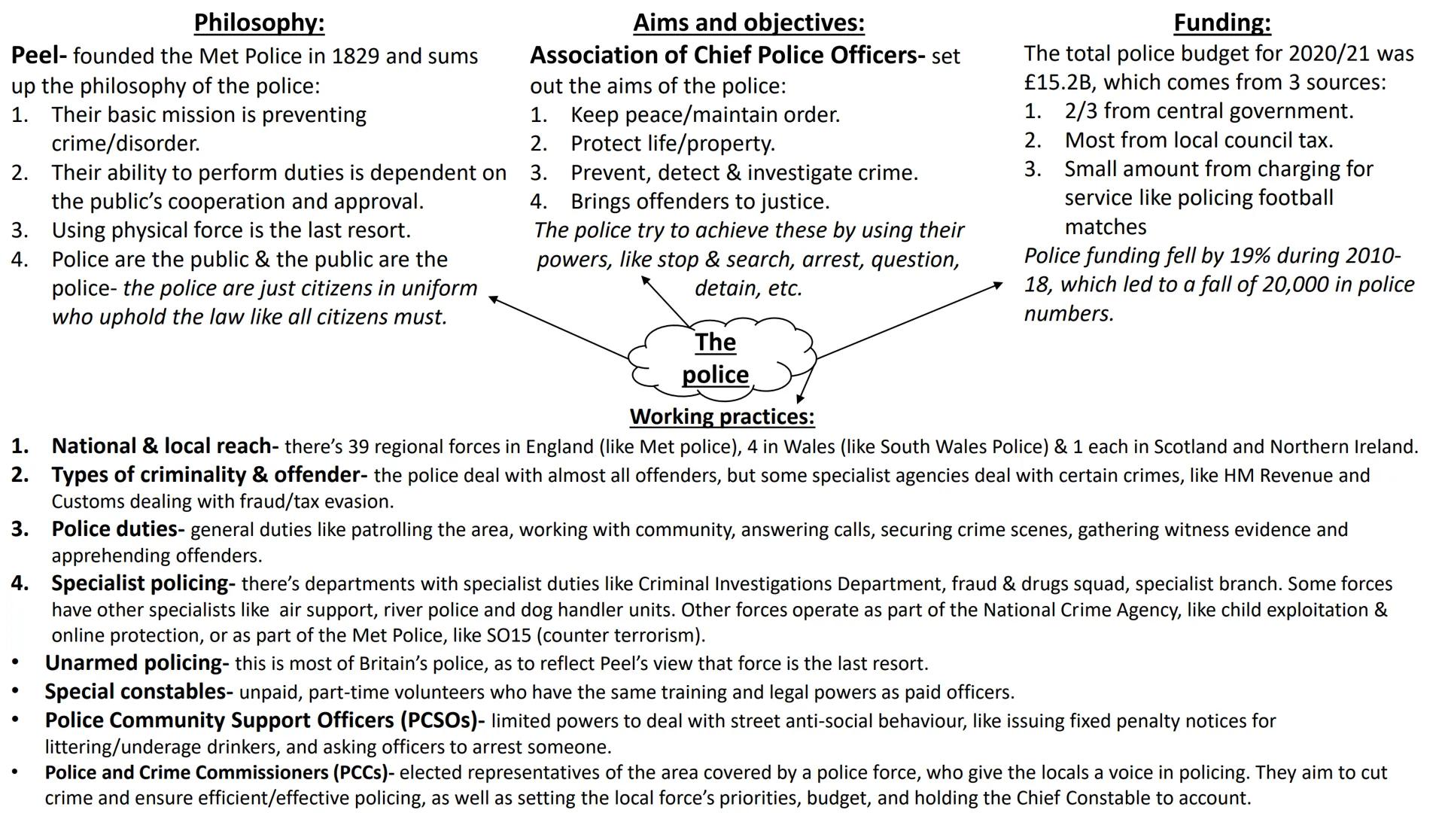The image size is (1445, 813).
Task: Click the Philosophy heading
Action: click(x=259, y=23)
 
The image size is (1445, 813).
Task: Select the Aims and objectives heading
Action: click(x=748, y=23)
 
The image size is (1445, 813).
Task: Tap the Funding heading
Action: click(x=1221, y=23)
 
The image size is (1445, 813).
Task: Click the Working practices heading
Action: click(x=722, y=416)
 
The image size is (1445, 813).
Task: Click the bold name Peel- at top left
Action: click(x=39, y=56)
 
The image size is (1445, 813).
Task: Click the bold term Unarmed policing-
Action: click(x=136, y=663)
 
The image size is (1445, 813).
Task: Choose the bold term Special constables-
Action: click(x=138, y=692)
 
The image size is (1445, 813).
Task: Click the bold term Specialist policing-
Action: click(x=143, y=583)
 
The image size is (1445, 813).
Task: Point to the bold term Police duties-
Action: click(x=117, y=529)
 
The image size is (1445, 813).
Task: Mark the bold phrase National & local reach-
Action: click(x=164, y=446)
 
